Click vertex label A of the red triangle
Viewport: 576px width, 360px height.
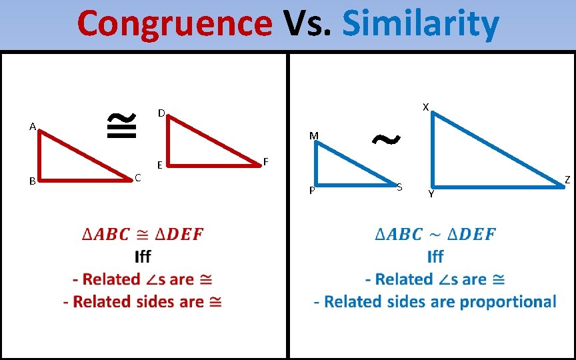coord(32,125)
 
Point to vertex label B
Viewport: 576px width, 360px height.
coord(32,181)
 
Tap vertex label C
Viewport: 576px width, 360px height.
coord(137,177)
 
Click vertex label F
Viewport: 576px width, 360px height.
coord(266,161)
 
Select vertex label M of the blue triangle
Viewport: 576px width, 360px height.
coord(313,136)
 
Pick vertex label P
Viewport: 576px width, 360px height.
coord(312,192)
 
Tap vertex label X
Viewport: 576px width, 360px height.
coord(425,107)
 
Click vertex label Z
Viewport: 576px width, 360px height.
coord(567,179)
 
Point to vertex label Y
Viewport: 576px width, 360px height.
coord(431,194)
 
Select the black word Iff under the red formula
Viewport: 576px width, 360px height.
coord(143,257)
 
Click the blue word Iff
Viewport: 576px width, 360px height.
coord(435,257)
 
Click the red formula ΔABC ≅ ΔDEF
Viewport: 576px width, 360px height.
coord(143,235)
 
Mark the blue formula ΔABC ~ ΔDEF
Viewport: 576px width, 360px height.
coord(435,235)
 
